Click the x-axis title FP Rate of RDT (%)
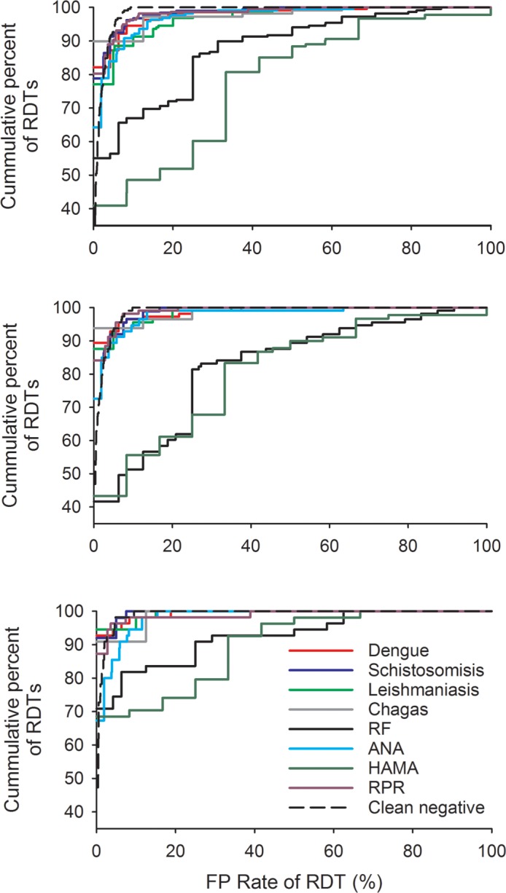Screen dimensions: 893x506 pyautogui.click(x=294, y=877)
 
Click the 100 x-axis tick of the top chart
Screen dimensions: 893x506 pyautogui.click(x=490, y=246)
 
